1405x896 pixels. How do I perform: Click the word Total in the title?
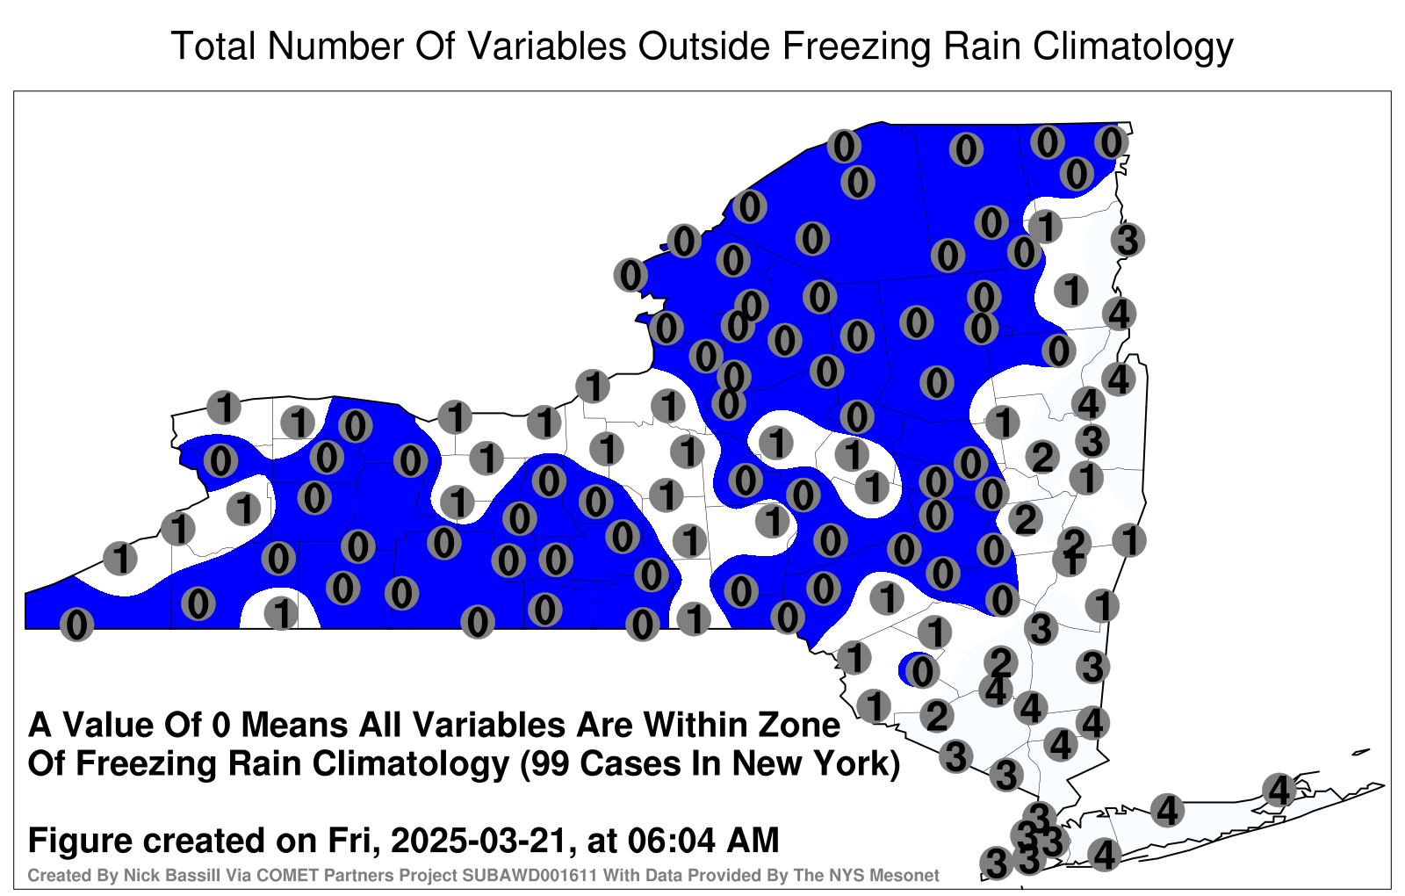click(x=213, y=46)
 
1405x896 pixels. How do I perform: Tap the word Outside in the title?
click(x=704, y=46)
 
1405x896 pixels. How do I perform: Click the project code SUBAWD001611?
click(x=530, y=875)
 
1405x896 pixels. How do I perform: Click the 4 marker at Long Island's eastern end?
click(x=1279, y=790)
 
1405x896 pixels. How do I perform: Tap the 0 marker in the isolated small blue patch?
click(x=921, y=671)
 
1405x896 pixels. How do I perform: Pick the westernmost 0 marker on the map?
click(x=76, y=625)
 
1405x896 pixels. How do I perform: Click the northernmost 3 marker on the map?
click(x=1128, y=240)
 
